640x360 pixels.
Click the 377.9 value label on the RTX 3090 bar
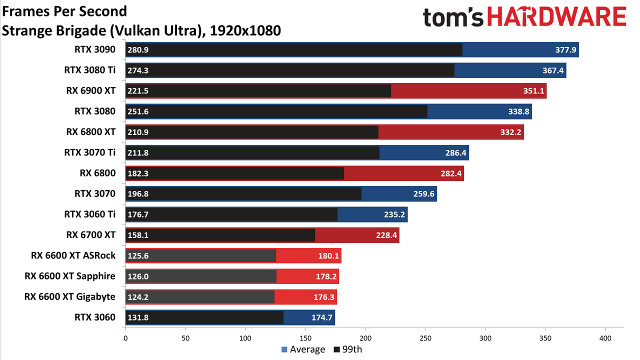tap(565, 49)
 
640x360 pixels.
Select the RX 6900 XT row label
tap(91, 90)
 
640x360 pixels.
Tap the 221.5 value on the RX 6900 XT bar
tap(138, 91)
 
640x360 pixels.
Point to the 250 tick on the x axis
tap(425, 338)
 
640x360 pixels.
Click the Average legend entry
tap(303, 349)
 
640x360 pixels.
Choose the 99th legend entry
tap(348, 349)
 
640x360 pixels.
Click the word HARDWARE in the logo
tap(556, 16)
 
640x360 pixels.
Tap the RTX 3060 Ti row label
tap(89, 214)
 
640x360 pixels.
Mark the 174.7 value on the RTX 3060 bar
tap(321, 317)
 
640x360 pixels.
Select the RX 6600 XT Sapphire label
tap(70, 276)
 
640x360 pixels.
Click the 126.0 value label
tap(138, 276)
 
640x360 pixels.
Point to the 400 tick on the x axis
tap(605, 338)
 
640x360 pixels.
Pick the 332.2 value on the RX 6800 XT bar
tap(510, 132)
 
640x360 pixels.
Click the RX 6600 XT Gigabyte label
tap(69, 296)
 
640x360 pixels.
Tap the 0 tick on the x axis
tap(125, 338)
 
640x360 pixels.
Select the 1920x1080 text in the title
tap(245, 30)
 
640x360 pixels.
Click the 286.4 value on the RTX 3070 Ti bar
tap(455, 153)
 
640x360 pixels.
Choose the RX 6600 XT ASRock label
tap(73, 255)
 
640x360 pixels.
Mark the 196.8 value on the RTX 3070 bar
tap(138, 194)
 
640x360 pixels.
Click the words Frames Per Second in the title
tap(64, 11)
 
